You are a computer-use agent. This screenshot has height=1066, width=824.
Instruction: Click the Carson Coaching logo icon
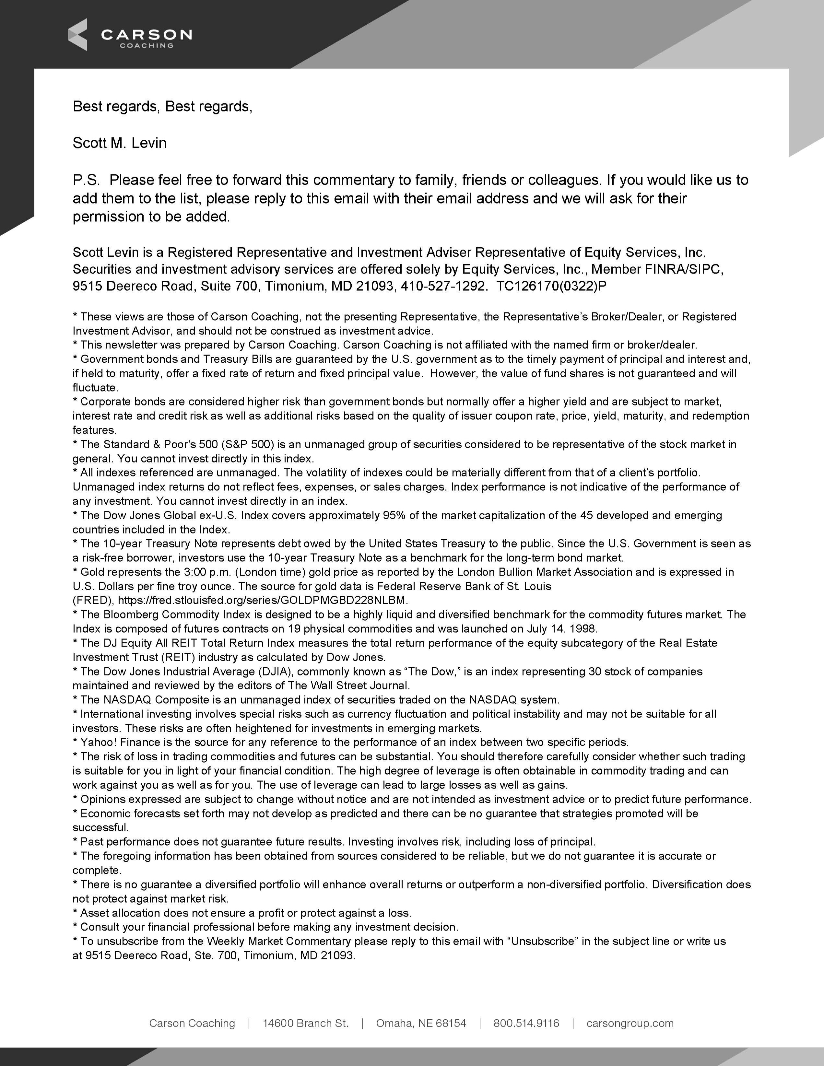pos(77,35)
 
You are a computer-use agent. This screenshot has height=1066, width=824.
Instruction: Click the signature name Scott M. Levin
pos(120,143)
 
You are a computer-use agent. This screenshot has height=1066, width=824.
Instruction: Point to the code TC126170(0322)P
pos(551,286)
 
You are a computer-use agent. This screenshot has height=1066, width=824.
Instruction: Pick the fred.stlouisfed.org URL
pos(263,600)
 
